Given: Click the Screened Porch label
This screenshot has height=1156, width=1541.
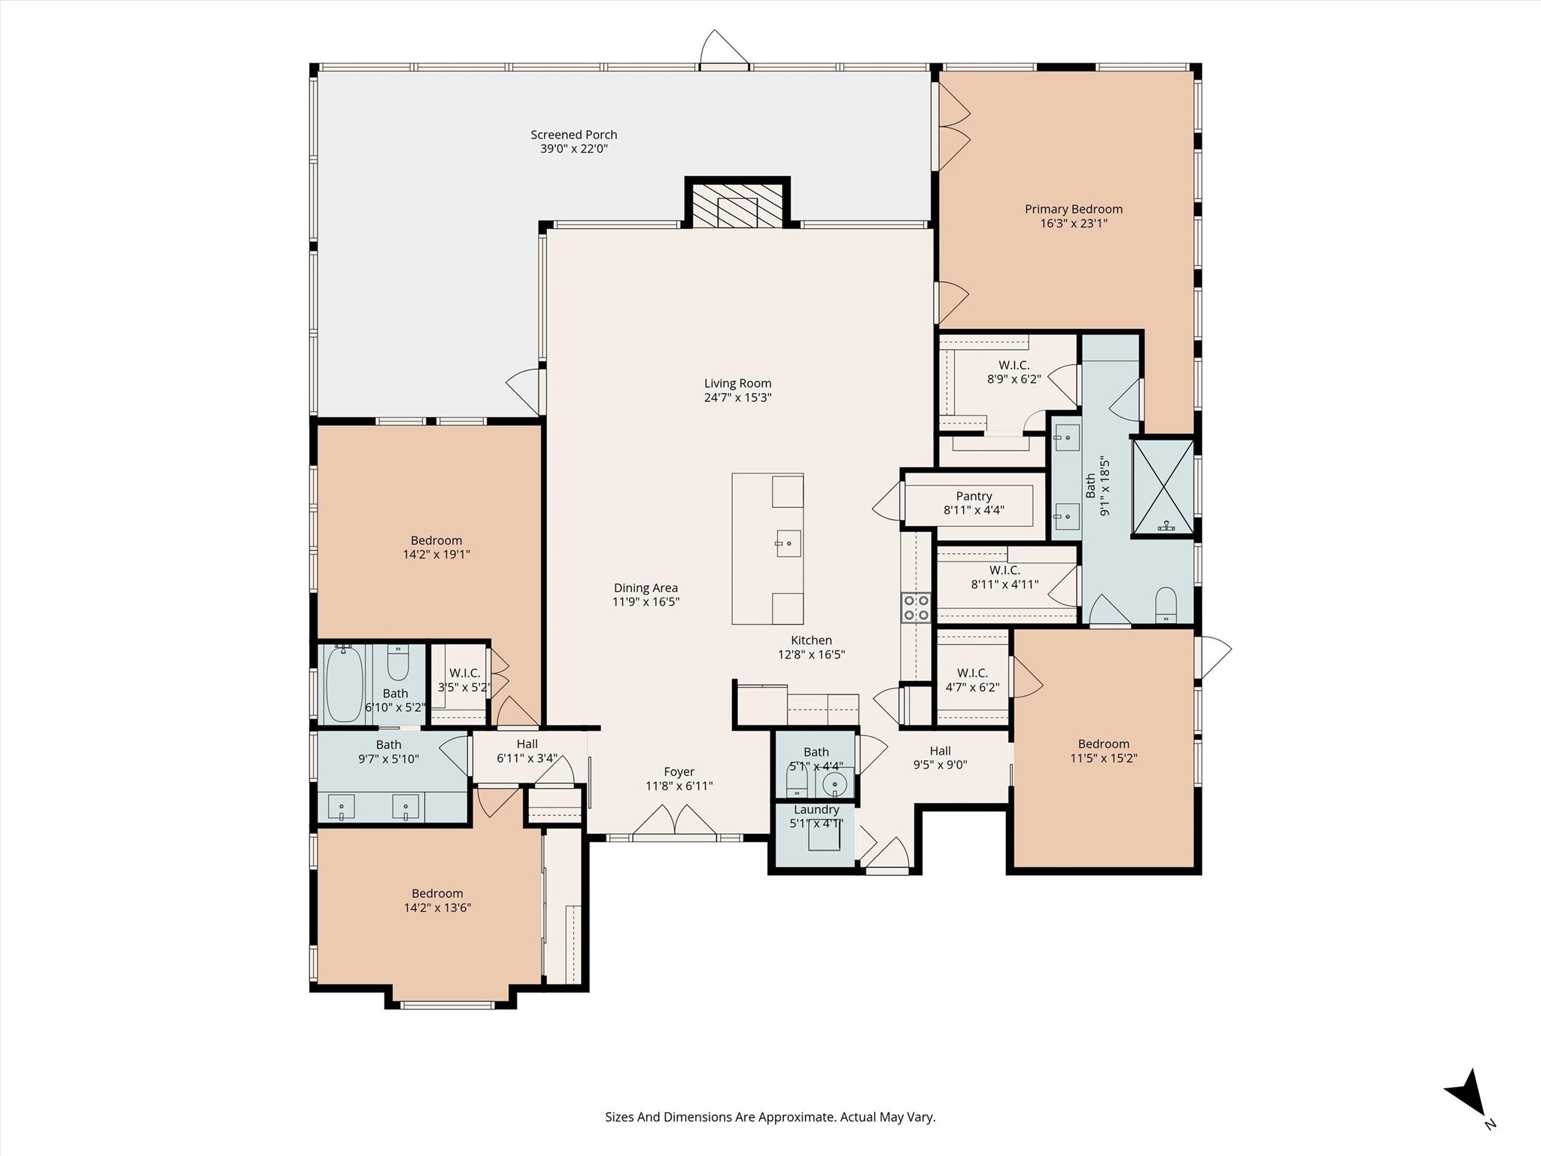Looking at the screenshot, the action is [x=573, y=135].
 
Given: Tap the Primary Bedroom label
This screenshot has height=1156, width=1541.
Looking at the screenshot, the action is [x=1073, y=209].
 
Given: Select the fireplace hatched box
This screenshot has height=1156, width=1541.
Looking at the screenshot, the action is [x=737, y=204].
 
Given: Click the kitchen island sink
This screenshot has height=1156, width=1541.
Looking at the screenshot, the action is [x=788, y=543].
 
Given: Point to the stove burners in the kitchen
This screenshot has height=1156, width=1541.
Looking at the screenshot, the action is [x=916, y=607].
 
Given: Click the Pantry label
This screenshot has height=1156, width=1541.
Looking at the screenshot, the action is [x=974, y=497].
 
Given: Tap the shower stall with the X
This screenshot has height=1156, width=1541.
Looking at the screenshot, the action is [x=1163, y=488].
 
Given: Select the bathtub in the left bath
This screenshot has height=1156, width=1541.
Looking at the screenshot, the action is [x=345, y=683].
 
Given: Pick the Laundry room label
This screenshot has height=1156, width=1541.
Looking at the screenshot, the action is [x=816, y=810].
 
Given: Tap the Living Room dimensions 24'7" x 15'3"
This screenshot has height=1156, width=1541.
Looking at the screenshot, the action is [x=737, y=397].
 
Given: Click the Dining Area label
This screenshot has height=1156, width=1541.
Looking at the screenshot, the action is [x=646, y=588].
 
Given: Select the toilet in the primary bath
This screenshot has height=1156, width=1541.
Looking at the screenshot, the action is [x=1166, y=604].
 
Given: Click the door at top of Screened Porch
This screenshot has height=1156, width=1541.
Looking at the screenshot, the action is [x=725, y=50].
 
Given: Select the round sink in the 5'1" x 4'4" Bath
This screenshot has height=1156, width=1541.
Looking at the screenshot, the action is [x=834, y=785].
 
